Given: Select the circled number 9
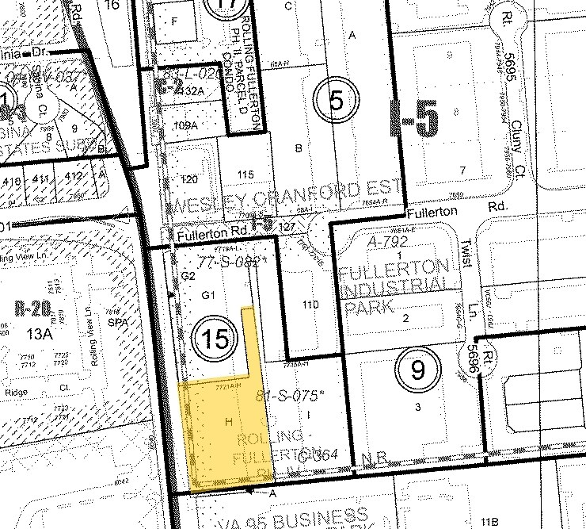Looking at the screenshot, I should coord(418,368).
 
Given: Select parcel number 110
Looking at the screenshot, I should coord(310,304).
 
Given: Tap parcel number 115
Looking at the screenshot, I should coord(245,174).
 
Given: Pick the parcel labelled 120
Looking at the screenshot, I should coord(190,179).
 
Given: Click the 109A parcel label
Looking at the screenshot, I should coord(185,125).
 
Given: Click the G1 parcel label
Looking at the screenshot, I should coord(208,295).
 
